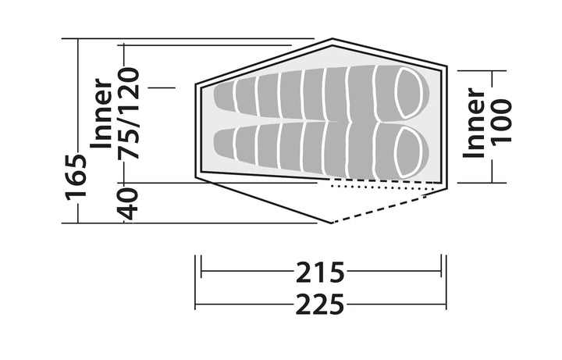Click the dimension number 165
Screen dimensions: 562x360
coord(76,176)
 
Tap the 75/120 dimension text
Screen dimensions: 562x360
coord(129,113)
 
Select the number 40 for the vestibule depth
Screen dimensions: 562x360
coord(128,204)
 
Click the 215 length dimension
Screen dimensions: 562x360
coord(320,273)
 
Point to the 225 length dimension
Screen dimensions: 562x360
coord(320,305)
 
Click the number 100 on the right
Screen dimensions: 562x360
coord(501,123)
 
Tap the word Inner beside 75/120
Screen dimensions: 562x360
coord(101,113)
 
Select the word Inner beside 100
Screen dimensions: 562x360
coord(474,123)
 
